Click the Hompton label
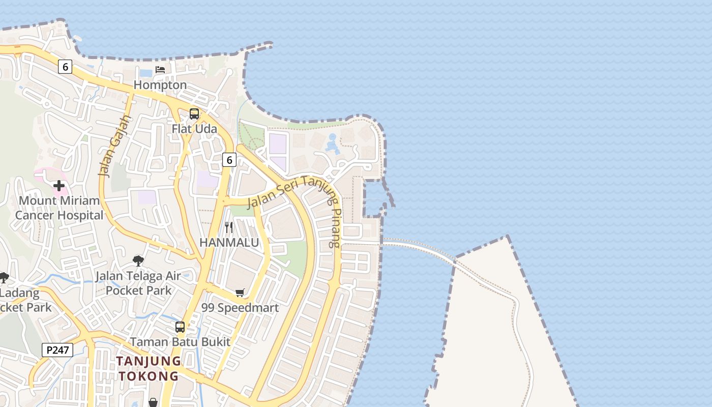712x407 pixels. click(x=160, y=85)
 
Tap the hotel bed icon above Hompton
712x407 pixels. click(x=160, y=70)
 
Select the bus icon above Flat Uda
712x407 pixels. click(x=194, y=114)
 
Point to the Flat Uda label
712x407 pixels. click(x=194, y=129)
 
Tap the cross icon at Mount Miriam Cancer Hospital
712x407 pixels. click(x=59, y=186)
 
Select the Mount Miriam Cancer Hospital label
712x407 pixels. click(x=59, y=208)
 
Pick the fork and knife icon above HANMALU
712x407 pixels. click(x=229, y=227)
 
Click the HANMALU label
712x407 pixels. click(x=229, y=243)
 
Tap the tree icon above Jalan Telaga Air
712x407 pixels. click(x=138, y=261)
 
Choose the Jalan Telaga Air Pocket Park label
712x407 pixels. click(x=138, y=283)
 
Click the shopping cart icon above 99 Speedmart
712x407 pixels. click(x=240, y=293)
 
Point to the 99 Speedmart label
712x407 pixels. click(x=240, y=308)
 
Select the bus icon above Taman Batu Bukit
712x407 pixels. click(x=180, y=327)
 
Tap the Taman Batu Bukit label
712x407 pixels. click(x=180, y=342)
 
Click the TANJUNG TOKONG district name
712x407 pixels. click(x=149, y=368)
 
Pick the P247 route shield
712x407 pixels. click(x=57, y=350)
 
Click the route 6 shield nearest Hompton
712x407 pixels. click(x=65, y=66)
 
